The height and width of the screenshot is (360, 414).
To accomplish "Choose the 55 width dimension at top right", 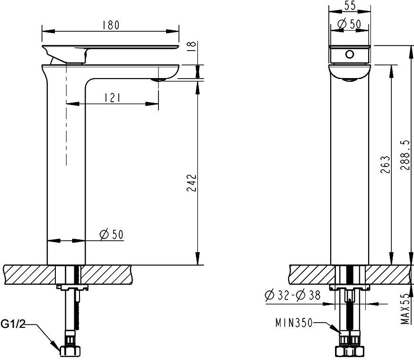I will (x=350, y=6).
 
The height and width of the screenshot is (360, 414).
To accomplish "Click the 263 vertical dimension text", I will (x=385, y=164).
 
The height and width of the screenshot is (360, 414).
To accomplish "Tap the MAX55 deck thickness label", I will (x=405, y=308).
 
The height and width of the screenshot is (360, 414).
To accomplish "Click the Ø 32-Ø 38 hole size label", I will (x=292, y=295).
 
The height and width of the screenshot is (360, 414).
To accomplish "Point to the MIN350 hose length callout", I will (x=293, y=323).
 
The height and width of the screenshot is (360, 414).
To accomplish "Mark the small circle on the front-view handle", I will (x=349, y=54).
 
